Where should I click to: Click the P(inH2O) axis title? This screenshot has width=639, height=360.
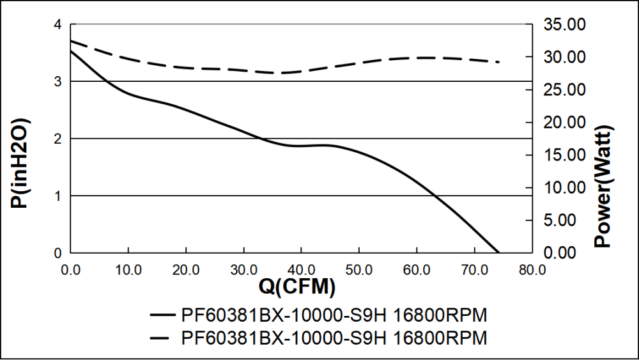tap(20, 164)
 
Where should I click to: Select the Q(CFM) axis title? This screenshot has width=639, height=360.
tap(297, 287)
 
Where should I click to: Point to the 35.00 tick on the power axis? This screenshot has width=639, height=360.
tap(563, 25)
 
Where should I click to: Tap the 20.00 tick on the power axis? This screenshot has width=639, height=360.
tap(563, 123)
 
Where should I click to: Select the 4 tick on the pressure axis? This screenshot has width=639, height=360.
tap(58, 25)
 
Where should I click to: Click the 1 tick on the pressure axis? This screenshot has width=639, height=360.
tap(58, 196)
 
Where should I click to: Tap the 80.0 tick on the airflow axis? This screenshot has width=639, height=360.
tap(532, 269)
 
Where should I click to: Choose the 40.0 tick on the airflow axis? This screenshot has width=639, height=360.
tap(301, 269)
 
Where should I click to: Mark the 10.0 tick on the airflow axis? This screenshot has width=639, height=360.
tap(128, 269)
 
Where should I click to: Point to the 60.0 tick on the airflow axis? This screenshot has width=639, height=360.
tap(417, 269)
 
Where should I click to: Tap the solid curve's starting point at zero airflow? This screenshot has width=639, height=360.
tap(71, 51)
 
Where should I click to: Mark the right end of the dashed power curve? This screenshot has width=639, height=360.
tap(498, 62)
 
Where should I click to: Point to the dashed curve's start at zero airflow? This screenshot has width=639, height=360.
tap(71, 41)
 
